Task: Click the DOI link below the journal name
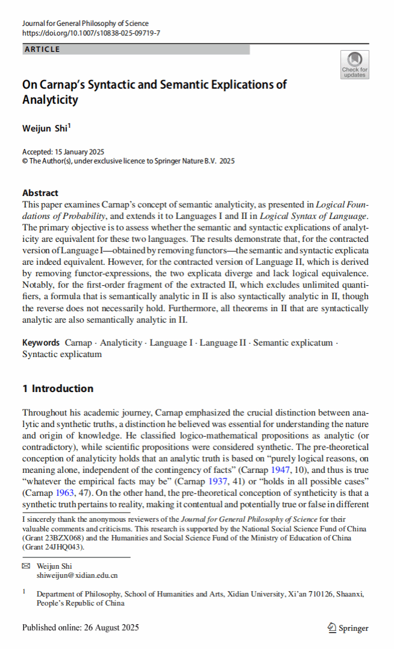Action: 91,33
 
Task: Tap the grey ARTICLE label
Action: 42,49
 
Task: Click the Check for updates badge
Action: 354,65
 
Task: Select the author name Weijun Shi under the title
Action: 45,128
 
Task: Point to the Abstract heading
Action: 40,193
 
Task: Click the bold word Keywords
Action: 41,343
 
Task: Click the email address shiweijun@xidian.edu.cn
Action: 77,575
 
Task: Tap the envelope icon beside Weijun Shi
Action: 25,566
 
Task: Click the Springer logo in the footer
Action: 348,628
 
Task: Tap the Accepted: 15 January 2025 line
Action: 63,152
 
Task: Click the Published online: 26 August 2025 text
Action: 80,627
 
